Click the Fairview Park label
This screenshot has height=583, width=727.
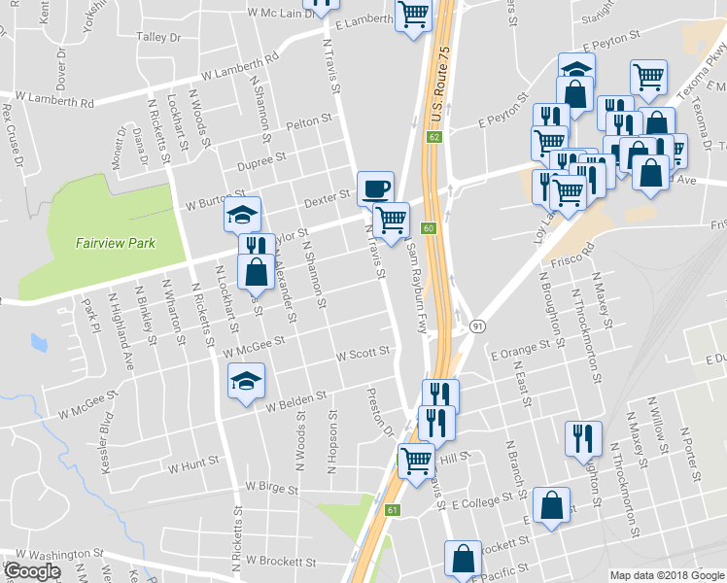[116, 244]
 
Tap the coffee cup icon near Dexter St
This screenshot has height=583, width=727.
[375, 187]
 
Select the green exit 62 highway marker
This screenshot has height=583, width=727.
[433, 137]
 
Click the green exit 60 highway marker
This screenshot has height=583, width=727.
[428, 228]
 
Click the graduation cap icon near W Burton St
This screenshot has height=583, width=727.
[242, 214]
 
